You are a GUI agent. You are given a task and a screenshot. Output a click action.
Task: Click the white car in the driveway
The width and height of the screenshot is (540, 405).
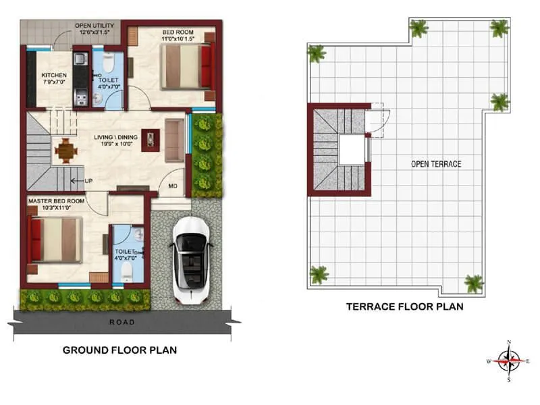pyautogui.click(x=192, y=259)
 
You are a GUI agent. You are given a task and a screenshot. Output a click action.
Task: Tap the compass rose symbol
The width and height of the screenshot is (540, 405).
pyautogui.click(x=508, y=361)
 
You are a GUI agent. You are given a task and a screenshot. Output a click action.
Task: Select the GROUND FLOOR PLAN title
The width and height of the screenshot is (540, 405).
pyautogui.click(x=119, y=350)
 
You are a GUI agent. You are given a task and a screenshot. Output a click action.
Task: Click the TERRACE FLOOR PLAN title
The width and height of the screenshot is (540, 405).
pyautogui.click(x=404, y=306)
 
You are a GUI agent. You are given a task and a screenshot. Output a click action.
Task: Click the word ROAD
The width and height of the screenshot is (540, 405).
pyautogui.click(x=122, y=323)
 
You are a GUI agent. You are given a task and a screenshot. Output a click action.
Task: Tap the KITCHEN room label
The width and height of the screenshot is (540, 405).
pyautogui.click(x=54, y=75)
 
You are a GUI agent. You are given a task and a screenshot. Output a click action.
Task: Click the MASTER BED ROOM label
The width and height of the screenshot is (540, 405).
pyautogui.click(x=56, y=201)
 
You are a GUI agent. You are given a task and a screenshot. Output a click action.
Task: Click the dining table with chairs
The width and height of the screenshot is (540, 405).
pyautogui.click(x=65, y=150)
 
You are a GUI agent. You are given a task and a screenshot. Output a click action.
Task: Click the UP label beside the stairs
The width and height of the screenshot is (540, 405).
pyautogui.click(x=88, y=181)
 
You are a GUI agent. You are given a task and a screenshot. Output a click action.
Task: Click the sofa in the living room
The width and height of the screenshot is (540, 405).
pyautogui.click(x=174, y=140)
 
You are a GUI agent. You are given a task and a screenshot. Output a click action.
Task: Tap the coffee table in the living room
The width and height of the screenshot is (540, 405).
pyautogui.click(x=151, y=139)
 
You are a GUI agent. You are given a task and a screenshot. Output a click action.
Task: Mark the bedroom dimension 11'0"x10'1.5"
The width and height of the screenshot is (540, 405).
pyautogui.click(x=177, y=39)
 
